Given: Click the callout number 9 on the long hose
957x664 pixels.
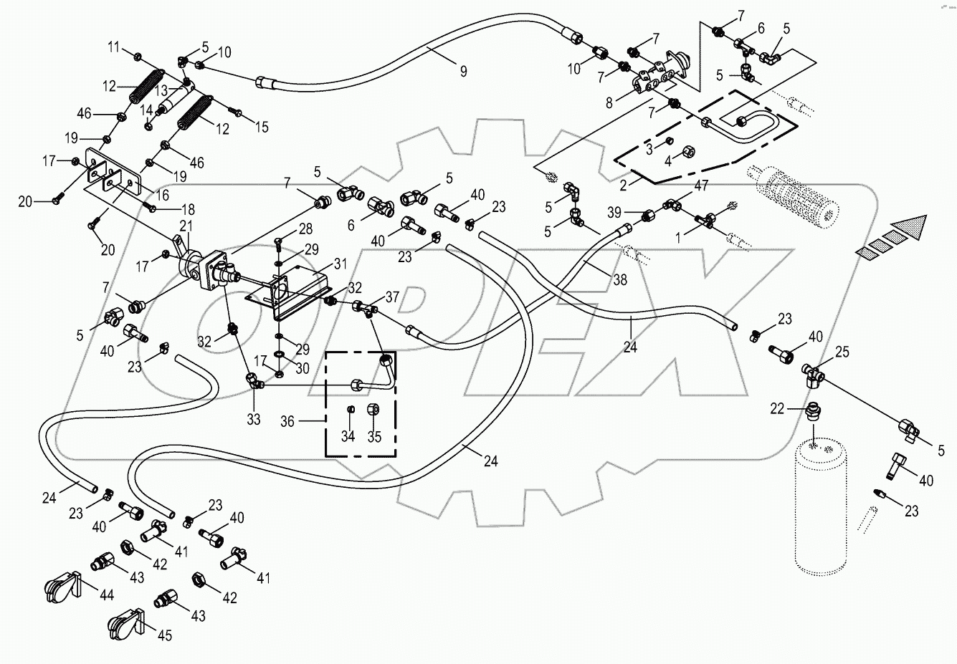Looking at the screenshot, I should pyautogui.click(x=463, y=70).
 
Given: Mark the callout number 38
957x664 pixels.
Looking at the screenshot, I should pyautogui.click(x=619, y=279).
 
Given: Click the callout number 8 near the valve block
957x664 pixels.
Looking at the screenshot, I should pyautogui.click(x=609, y=102).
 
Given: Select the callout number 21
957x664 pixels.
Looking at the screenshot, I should pyautogui.click(x=185, y=226).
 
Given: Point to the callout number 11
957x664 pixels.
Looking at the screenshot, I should pyautogui.click(x=115, y=47).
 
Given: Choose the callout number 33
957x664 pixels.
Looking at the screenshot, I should pyautogui.click(x=254, y=419).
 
